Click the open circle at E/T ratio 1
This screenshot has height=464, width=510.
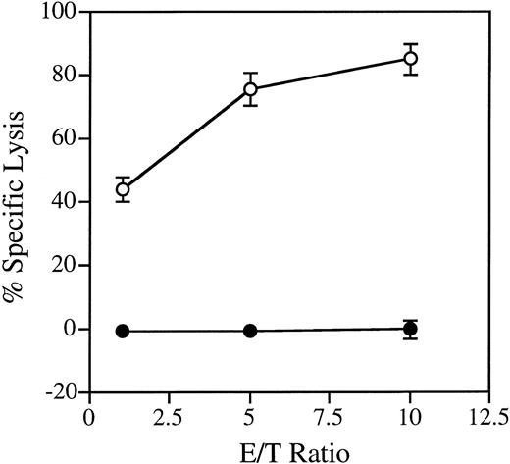tap(123, 190)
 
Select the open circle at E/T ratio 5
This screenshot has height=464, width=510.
tap(250, 89)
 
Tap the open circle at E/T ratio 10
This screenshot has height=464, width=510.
tap(411, 59)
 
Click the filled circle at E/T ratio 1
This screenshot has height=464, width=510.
tap(123, 331)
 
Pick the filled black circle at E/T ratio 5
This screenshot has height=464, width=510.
tap(250, 331)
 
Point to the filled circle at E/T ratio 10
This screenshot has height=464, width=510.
tap(411, 329)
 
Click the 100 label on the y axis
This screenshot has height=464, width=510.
tap(61, 13)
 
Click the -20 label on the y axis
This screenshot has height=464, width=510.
tap(62, 392)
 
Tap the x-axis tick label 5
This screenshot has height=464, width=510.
tap(250, 415)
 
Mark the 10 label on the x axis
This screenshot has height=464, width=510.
tap(411, 415)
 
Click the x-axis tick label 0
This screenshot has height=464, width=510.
tap(90, 415)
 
